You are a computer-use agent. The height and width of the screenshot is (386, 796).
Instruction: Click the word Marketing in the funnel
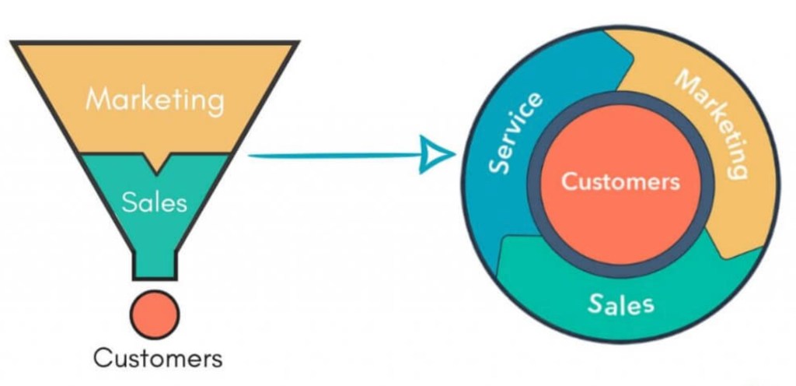155,100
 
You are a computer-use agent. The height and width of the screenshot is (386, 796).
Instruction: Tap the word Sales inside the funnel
155,202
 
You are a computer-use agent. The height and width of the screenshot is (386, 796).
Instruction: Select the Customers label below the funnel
158,358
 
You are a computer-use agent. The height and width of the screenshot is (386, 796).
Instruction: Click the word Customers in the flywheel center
620,182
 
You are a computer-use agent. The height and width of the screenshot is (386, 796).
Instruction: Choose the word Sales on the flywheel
620,304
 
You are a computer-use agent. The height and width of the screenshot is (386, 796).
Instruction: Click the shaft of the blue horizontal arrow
334,155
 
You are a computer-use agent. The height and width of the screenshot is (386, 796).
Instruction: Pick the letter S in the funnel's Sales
129,202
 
